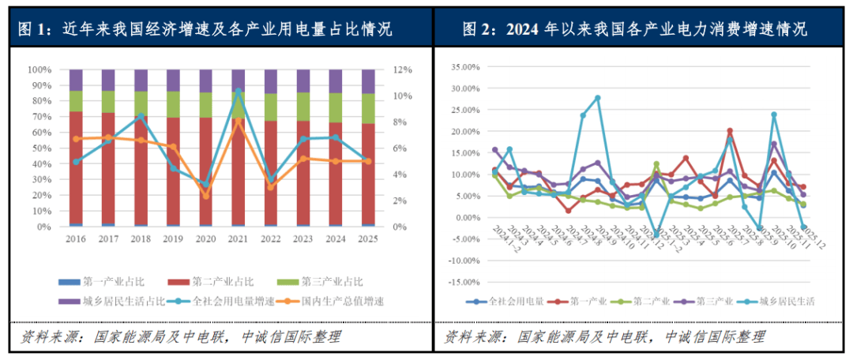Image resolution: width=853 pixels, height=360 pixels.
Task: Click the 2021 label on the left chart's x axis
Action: coord(239,238)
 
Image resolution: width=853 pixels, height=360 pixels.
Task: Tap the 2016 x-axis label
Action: coord(76,238)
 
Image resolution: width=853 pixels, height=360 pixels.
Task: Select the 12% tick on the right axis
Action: coord(402,69)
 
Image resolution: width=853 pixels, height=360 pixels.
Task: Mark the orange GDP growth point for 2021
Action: coord(239,120)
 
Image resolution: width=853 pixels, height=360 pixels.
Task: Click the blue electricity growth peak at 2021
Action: coord(239,91)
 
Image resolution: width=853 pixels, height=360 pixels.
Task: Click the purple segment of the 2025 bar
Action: coord(369,81)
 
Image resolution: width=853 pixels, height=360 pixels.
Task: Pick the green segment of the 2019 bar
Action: coord(173,104)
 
